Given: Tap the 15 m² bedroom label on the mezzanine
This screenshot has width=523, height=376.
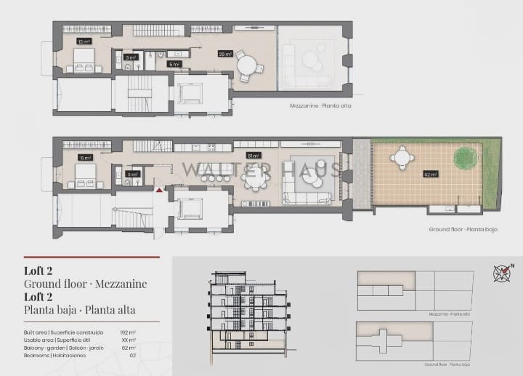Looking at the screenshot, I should pyautogui.click(x=83, y=42).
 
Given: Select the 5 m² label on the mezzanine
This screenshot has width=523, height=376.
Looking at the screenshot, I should pyautogui.click(x=174, y=65).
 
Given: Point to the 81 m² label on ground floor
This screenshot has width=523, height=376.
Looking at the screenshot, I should pyautogui.click(x=254, y=156).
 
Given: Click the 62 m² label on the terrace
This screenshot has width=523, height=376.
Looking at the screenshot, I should pyautogui.click(x=431, y=175).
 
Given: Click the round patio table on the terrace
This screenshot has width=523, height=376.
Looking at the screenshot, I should pyautogui.click(x=402, y=156).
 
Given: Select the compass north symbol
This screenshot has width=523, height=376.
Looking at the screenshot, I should pyautogui.click(x=503, y=273).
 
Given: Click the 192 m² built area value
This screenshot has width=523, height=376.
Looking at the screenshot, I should pyautogui.click(x=128, y=332).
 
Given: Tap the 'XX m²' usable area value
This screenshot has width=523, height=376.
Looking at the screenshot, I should pyautogui.click(x=129, y=340).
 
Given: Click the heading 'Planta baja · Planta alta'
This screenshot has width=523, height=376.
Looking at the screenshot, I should pyautogui.click(x=80, y=311).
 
